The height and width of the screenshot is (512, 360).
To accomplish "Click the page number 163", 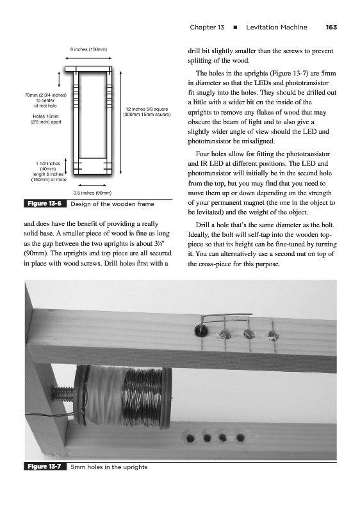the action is (x=331, y=28).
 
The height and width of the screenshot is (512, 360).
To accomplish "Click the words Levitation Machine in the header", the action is (x=276, y=28).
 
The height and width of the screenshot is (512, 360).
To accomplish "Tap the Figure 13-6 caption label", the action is (x=44, y=204).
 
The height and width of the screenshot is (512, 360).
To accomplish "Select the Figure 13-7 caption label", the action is (x=44, y=467).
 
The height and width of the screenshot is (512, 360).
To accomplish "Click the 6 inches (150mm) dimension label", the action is (x=88, y=50).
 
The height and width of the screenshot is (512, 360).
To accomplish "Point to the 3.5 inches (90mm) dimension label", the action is (x=92, y=193).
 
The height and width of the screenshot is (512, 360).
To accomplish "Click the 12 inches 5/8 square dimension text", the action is (x=147, y=112).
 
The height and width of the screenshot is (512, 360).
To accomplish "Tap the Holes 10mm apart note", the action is (x=45, y=119).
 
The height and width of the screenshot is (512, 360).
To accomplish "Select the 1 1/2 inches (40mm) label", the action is (x=48, y=166).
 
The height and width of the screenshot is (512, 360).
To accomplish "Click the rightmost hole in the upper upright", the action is (x=272, y=334).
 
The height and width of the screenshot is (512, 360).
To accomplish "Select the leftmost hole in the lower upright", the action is (x=190, y=438).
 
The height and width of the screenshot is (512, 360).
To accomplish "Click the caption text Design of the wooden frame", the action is (x=112, y=204).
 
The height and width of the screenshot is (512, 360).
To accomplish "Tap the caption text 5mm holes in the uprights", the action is (x=109, y=467).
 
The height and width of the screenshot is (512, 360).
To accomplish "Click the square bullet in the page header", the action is (x=235, y=28).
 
